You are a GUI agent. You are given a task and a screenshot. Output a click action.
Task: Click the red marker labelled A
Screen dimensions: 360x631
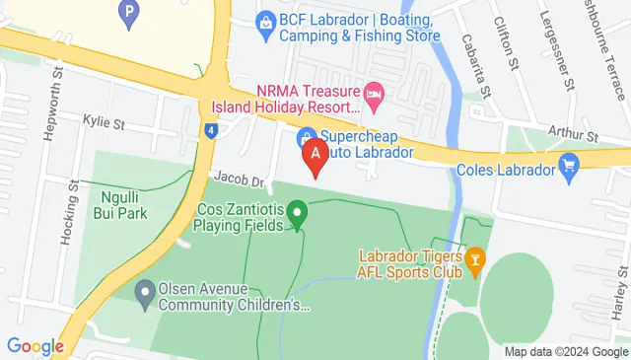point(315,154)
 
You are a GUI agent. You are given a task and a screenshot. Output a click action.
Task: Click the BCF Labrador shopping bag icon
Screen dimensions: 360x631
point(264,21)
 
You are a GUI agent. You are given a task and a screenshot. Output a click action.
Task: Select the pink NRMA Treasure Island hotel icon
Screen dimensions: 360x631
point(374,96)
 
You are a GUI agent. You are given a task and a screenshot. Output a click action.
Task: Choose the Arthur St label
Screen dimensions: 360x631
point(577,134)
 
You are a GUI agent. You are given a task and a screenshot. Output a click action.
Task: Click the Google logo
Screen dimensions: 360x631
point(35,346)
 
